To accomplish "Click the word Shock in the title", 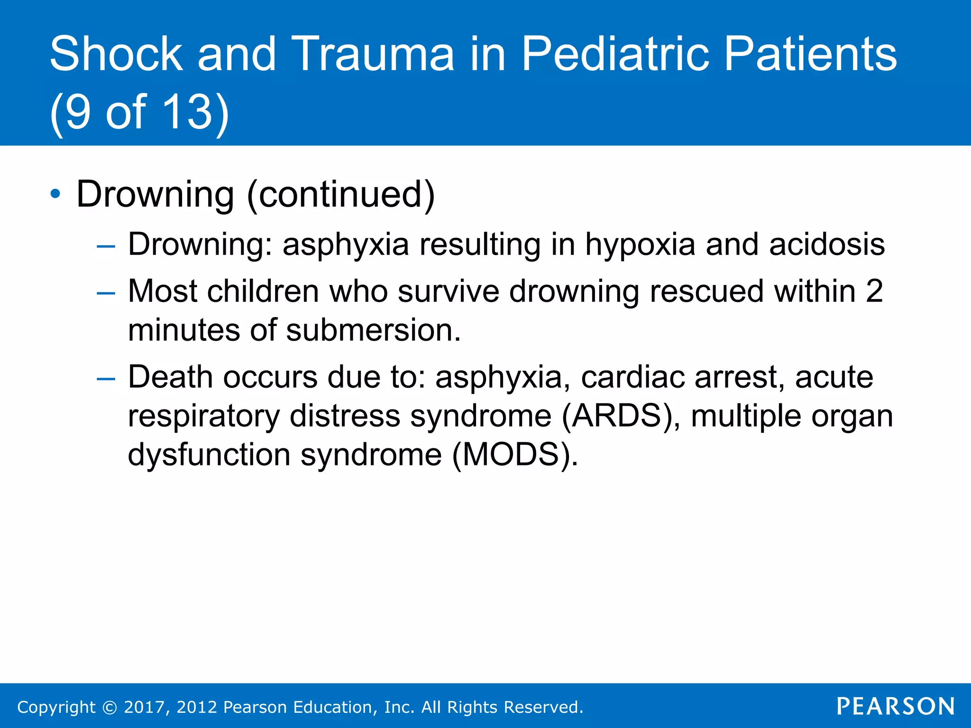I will tap(116, 54).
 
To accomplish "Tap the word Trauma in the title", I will tap(373, 54).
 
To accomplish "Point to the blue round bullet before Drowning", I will tap(55, 194).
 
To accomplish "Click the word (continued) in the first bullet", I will tap(340, 194).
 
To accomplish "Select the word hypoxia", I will tap(640, 245).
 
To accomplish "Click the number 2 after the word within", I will tap(874, 291).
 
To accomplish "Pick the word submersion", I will tap(373, 330).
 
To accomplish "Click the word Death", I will tap(170, 377).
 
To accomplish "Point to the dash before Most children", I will tap(105, 293).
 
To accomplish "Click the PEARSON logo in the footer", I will tap(895, 706).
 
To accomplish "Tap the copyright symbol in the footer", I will tap(110, 708).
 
